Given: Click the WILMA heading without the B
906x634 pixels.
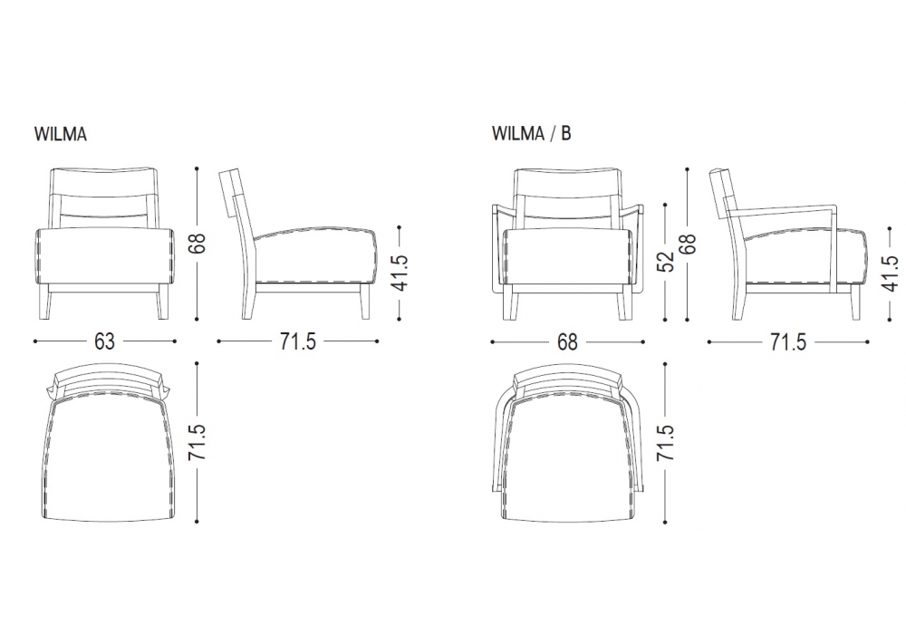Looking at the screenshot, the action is click(x=61, y=134).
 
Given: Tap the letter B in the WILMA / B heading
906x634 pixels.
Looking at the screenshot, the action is click(x=565, y=133).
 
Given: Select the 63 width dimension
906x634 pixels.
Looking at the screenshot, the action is click(x=104, y=341).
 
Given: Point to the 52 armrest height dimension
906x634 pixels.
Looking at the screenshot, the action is click(x=668, y=261).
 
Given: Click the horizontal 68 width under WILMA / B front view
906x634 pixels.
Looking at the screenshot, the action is click(x=567, y=341).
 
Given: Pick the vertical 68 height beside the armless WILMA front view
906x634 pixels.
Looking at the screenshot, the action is click(x=197, y=243).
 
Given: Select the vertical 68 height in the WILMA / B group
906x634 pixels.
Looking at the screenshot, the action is click(x=688, y=243).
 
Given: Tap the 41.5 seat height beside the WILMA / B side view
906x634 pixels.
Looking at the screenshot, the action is click(x=892, y=274).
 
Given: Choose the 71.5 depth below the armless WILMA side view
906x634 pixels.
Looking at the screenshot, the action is click(x=298, y=341).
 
